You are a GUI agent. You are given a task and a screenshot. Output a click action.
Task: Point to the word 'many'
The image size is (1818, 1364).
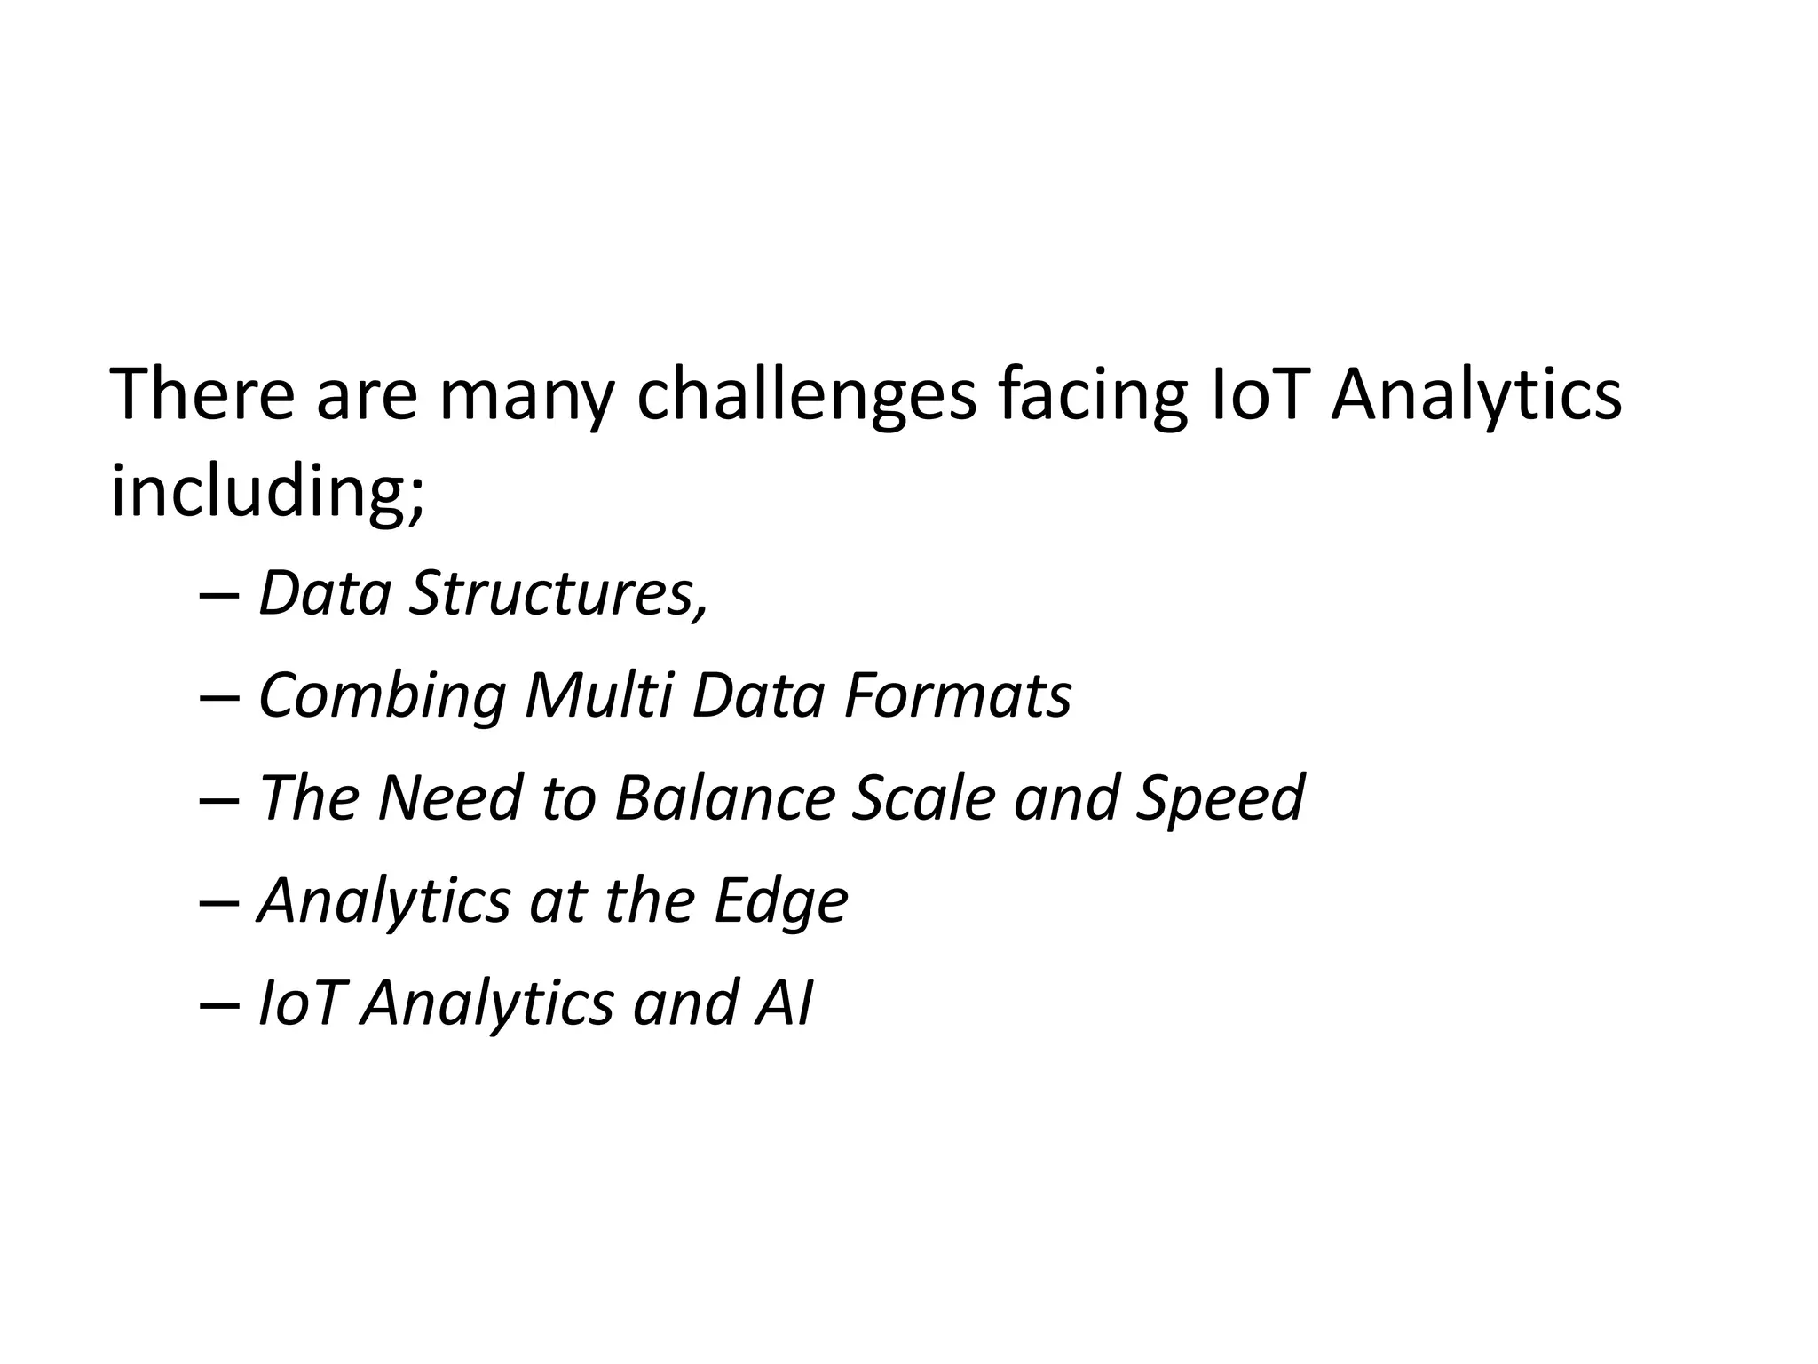point(526,397)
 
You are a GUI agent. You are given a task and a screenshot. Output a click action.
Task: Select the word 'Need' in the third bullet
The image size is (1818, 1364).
point(449,797)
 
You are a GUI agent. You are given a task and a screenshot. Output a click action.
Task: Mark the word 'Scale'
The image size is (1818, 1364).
point(923,797)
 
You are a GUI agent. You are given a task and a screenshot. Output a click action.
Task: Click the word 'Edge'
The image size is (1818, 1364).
point(781,901)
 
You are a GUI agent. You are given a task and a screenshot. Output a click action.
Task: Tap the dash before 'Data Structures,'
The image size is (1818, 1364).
point(219,596)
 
